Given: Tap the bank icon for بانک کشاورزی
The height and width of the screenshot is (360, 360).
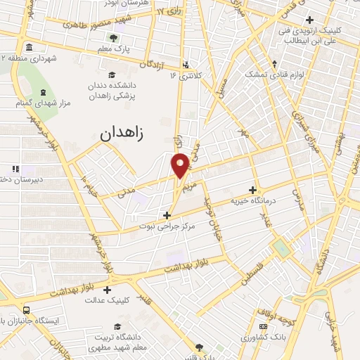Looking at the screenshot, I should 263,327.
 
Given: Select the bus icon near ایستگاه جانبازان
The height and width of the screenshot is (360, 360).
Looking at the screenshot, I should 27,310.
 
